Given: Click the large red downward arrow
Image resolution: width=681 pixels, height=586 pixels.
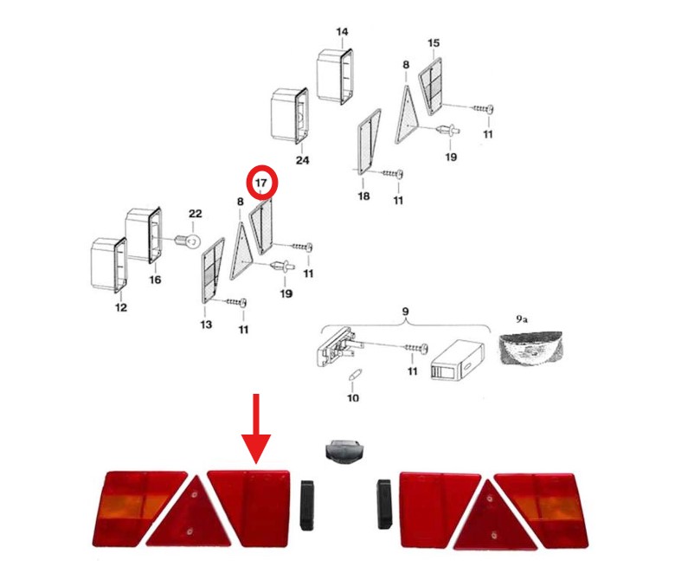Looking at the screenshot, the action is tap(256, 428).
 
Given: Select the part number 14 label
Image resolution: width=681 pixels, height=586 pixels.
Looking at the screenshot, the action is tap(342, 32).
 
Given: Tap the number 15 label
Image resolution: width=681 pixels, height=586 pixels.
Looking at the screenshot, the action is tap(434, 43).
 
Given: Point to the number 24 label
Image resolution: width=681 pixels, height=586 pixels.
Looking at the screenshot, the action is tap(303, 160).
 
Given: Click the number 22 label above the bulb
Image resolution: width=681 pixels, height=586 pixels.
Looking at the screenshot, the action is tap(195, 214).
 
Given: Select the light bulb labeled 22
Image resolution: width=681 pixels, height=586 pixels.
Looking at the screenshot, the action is tap(187, 240).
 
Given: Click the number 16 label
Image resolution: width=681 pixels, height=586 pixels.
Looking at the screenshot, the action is tap(155, 280).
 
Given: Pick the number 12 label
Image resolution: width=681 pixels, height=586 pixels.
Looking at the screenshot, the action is tap(121, 307).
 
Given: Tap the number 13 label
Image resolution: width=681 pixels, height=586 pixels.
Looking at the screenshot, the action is tap(206, 325).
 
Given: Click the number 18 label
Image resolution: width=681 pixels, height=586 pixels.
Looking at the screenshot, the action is tap(363, 196).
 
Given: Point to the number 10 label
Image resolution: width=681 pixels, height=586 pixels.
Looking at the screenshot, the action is tap(353, 398).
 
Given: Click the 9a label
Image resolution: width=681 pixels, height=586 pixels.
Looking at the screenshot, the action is tap(522, 319).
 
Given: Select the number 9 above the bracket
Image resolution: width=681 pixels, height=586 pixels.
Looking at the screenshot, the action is tap(405, 312).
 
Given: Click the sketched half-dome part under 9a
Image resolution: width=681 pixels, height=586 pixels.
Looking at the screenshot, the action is tap(530, 348).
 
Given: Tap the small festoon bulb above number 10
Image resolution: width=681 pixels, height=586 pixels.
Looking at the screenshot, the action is tap(353, 374).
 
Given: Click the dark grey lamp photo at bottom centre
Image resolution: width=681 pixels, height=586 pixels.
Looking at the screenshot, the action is tap(344, 451).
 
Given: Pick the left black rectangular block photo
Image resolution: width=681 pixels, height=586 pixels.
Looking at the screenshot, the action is tap(306, 505).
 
